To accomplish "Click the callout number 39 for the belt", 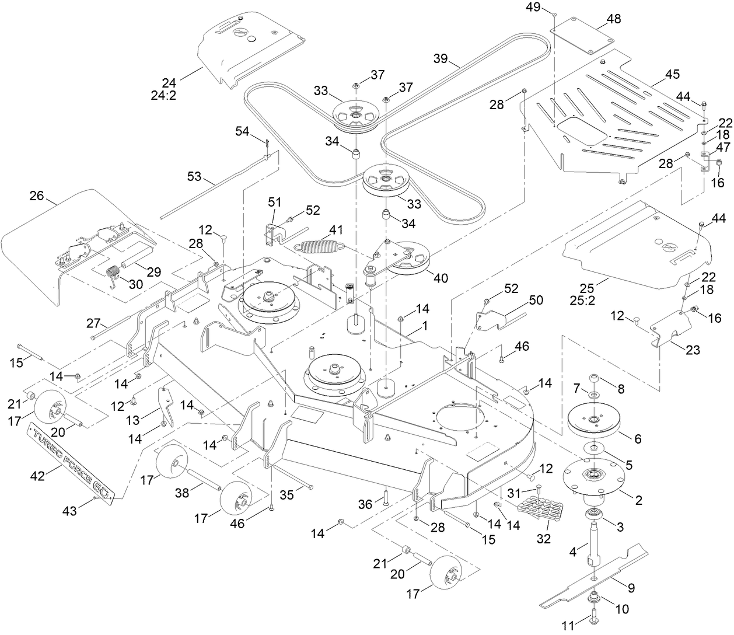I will (x=441, y=58).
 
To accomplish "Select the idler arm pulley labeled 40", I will (x=408, y=260).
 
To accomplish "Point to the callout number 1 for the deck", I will (x=425, y=326).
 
